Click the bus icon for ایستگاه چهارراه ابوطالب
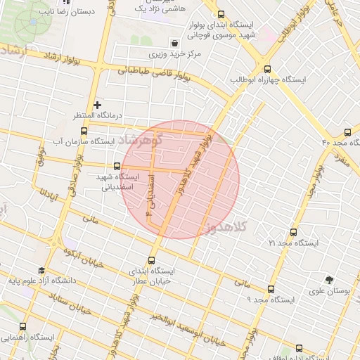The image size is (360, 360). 266,69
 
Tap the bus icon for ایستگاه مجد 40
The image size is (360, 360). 348,132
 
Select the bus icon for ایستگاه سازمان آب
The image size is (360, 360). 84,131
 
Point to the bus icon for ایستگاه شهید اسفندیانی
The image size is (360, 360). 117,167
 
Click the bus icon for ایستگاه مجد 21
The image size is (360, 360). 293,232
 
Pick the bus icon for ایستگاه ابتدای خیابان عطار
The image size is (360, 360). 153,260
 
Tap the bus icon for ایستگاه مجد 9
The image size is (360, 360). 271,289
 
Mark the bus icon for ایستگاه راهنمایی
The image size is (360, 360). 23,327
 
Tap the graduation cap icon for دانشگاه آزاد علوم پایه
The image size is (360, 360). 41,271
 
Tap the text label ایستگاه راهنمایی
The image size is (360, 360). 31,337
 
